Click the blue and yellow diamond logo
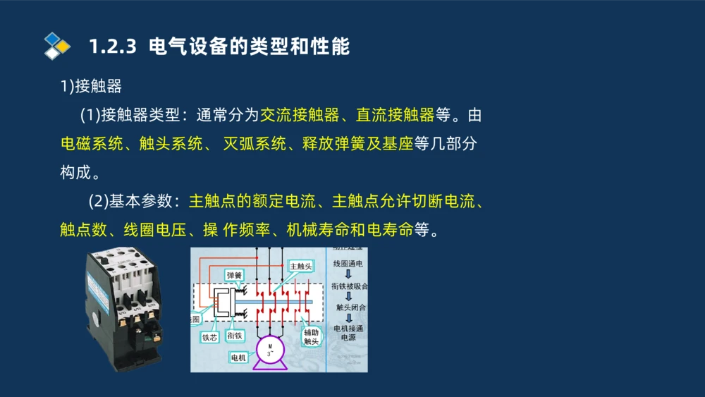pyautogui.click(x=56, y=46)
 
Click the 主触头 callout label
pyautogui.click(x=301, y=266)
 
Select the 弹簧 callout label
pyautogui.click(x=234, y=276)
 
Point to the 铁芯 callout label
pyautogui.click(x=210, y=337)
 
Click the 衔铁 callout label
pyautogui.click(x=235, y=336)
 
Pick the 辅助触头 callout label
pyautogui.click(x=311, y=336)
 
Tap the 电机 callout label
pyautogui.click(x=238, y=358)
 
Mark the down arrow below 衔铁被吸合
pyautogui.click(x=348, y=296)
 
